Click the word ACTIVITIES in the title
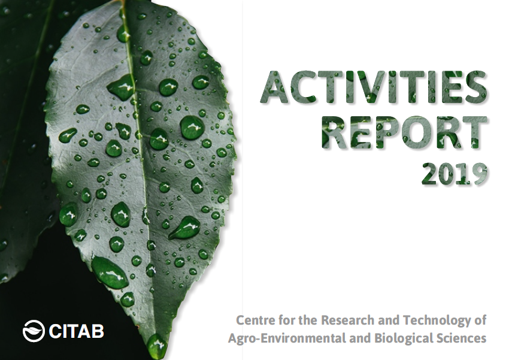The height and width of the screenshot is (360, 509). tap(373, 87)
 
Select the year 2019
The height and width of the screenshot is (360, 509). tap(454, 175)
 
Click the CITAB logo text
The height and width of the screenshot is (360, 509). tap(76, 331)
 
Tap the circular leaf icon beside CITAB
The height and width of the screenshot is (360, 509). tap(34, 331)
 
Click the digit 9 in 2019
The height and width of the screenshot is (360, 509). tap(479, 175)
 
